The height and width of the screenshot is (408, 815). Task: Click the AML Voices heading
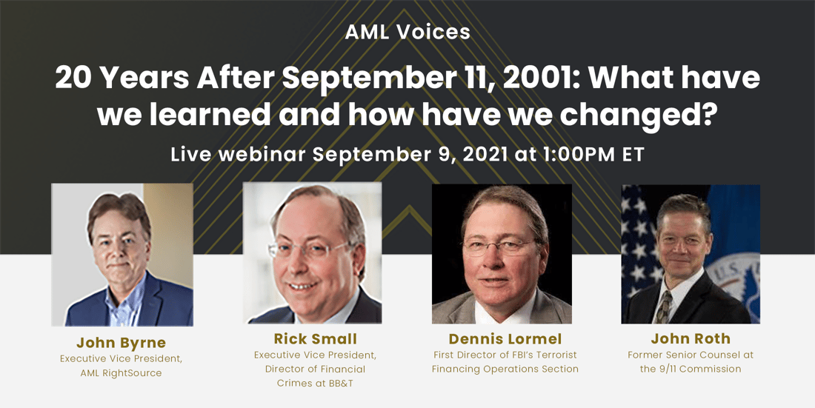(x=407, y=32)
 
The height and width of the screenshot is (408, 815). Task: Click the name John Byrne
(x=122, y=343)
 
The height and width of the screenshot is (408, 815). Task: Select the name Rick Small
(x=315, y=339)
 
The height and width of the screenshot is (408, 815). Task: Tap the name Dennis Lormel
(x=505, y=339)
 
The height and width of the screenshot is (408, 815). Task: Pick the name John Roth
(x=691, y=339)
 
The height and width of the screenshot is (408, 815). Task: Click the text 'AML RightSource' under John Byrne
(x=122, y=372)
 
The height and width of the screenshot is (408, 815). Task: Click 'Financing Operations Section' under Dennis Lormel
(x=505, y=369)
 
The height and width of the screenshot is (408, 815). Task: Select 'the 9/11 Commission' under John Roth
(x=691, y=369)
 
